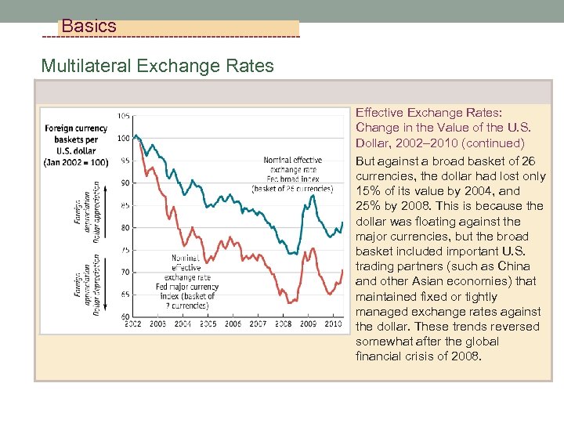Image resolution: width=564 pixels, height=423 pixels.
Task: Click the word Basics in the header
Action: click(89, 26)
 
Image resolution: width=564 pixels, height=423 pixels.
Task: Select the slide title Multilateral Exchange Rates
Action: click(157, 65)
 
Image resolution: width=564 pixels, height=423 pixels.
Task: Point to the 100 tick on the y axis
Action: click(123, 138)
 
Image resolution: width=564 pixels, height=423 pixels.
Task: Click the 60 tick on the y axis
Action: click(125, 316)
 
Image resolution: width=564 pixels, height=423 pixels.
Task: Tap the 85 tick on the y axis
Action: click(125, 205)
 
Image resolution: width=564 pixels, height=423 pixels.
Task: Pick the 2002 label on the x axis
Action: click(133, 324)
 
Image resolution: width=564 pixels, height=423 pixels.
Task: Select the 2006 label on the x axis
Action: click(233, 324)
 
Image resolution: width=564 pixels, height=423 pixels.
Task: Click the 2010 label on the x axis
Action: click(332, 324)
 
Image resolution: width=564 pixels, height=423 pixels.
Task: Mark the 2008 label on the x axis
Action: click(283, 324)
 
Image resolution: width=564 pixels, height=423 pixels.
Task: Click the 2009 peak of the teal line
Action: click(313, 194)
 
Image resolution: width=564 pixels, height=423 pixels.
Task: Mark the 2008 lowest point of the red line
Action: click(289, 302)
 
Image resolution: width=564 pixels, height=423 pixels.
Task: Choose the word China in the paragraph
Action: click(513, 266)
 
